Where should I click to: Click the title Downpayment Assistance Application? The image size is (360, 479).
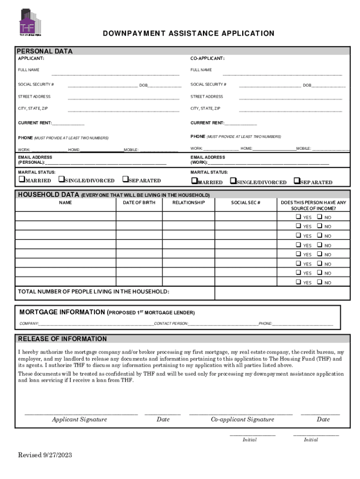(x=188, y=34)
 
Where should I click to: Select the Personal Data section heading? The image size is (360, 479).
(x=45, y=51)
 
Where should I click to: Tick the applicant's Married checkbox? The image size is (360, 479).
(x=21, y=180)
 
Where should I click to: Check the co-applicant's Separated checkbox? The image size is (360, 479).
(x=296, y=181)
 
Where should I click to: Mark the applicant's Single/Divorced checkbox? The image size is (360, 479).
(x=61, y=180)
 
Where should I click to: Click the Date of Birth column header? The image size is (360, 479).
(x=139, y=203)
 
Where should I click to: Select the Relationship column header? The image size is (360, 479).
(x=188, y=203)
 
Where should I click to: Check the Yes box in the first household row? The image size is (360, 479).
(x=298, y=217)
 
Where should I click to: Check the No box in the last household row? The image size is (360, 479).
(x=319, y=282)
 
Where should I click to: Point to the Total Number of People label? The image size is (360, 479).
(x=94, y=292)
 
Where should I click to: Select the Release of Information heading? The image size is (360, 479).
(x=62, y=339)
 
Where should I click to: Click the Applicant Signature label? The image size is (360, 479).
(x=79, y=420)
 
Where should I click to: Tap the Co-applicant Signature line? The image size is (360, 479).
(x=241, y=414)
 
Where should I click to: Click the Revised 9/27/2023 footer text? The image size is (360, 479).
(x=45, y=455)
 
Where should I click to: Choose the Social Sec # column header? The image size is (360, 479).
(x=245, y=203)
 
